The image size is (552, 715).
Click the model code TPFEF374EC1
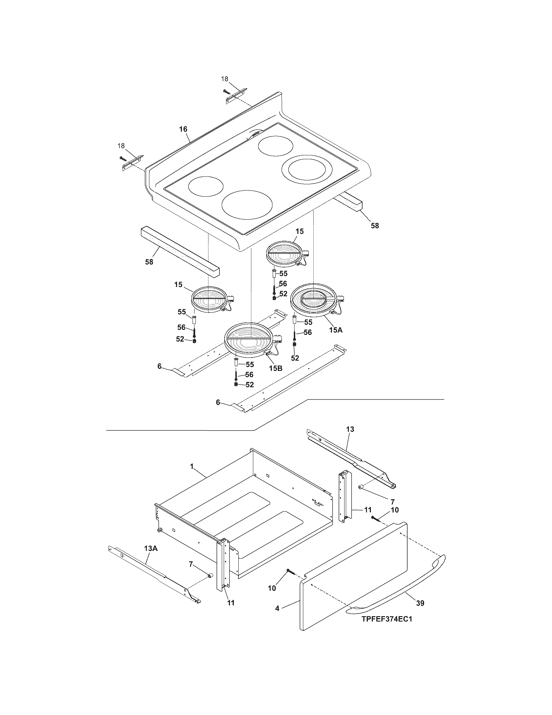(x=386, y=619)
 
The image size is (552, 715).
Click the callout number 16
(x=183, y=129)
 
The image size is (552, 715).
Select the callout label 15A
(x=335, y=330)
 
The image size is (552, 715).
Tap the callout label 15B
(x=275, y=368)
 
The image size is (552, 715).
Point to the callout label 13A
(x=151, y=548)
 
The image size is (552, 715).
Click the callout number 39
(x=420, y=603)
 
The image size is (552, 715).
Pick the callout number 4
(x=277, y=608)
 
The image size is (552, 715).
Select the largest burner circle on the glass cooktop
(x=247, y=205)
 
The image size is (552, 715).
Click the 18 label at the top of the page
(x=225, y=79)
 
